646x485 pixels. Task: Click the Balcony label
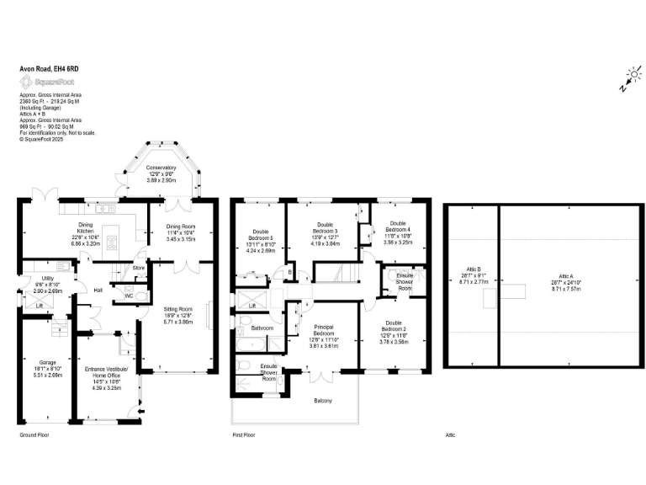tap(323, 400)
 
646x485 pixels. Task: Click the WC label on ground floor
tap(129, 296)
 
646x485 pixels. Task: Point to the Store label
tap(139, 269)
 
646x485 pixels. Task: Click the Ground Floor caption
tap(36, 434)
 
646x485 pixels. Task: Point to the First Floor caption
tap(243, 434)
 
